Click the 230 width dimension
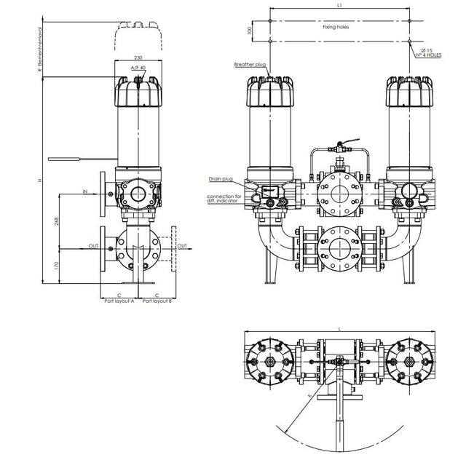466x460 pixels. tap(138, 57)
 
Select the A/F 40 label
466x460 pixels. tap(138, 68)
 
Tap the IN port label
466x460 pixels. tap(85, 192)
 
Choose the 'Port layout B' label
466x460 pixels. tap(158, 300)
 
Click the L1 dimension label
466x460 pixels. tap(340, 6)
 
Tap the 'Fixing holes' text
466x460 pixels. tap(336, 26)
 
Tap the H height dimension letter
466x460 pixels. tap(41, 180)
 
